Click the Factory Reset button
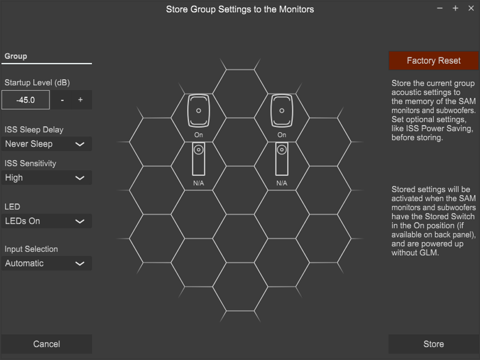click(x=433, y=61)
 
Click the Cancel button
click(x=47, y=344)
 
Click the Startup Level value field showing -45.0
click(x=25, y=100)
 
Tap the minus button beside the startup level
click(x=62, y=100)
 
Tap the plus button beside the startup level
click(x=80, y=100)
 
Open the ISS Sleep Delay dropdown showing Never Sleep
click(x=47, y=144)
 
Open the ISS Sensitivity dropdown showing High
click(x=47, y=178)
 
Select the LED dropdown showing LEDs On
click(x=47, y=221)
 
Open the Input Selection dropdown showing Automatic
click(x=47, y=263)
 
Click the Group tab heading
click(x=16, y=56)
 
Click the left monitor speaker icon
click(x=199, y=110)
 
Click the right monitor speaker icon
click(x=281, y=110)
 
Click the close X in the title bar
click(x=471, y=8)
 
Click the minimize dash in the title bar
click(x=440, y=8)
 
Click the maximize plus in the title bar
click(x=455, y=8)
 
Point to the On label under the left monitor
click(x=199, y=135)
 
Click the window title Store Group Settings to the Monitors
click(x=240, y=9)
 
